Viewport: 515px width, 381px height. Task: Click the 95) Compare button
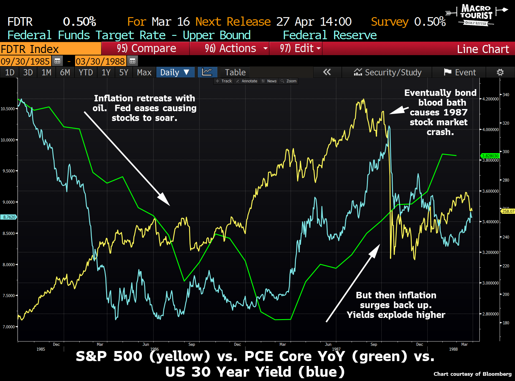[146, 49]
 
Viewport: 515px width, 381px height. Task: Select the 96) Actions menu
[230, 49]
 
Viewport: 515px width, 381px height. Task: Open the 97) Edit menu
[296, 49]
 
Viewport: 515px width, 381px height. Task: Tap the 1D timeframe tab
[10, 73]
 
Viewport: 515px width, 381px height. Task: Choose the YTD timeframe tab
[86, 73]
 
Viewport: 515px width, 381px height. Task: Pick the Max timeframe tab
[144, 73]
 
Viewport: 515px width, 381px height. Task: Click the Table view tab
[235, 73]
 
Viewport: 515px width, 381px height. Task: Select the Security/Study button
[387, 73]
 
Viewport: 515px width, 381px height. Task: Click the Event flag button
[460, 73]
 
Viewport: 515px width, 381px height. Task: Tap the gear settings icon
[500, 73]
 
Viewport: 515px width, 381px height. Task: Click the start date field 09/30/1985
[25, 61]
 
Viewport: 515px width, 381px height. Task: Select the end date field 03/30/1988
[100, 61]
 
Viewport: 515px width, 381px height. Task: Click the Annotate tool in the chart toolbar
[247, 81]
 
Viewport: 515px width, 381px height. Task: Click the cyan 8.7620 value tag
[9, 217]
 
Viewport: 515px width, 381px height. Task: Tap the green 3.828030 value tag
[490, 156]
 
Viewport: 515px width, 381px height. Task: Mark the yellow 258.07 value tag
[508, 211]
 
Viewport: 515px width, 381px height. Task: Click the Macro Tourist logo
[476, 15]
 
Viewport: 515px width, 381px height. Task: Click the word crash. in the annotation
[440, 132]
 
